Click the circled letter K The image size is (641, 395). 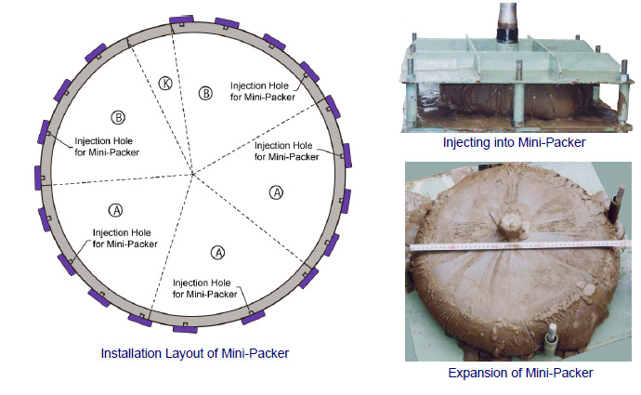(x=166, y=83)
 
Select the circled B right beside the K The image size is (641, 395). (x=206, y=93)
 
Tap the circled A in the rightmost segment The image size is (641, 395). (x=275, y=192)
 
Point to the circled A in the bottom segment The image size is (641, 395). (x=218, y=252)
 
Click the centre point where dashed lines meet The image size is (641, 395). (x=191, y=174)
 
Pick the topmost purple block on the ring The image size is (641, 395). (x=181, y=20)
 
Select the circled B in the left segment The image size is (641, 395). (x=119, y=118)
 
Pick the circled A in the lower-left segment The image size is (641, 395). (x=115, y=210)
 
